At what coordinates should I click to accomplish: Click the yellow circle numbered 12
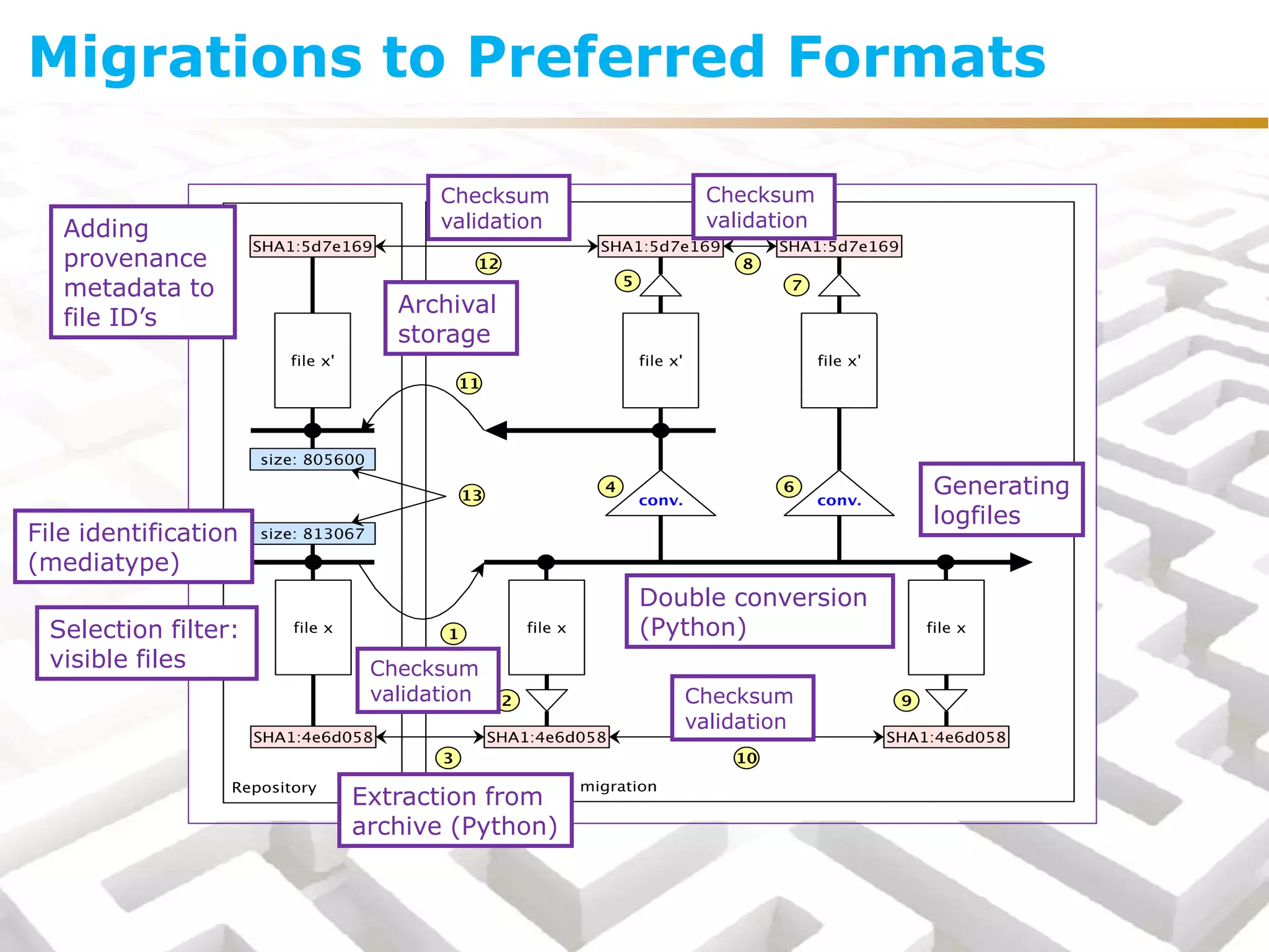click(x=488, y=264)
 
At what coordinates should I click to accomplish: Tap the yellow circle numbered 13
click(x=472, y=495)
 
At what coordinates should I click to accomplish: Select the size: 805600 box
click(x=312, y=459)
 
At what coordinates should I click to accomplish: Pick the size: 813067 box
click(x=312, y=534)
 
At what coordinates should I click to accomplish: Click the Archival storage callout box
click(x=450, y=318)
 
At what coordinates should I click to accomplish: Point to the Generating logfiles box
click(x=1001, y=500)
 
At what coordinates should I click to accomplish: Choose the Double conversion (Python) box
click(x=759, y=612)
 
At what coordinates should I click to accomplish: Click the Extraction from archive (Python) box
click(x=455, y=810)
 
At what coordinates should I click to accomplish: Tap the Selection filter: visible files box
click(x=146, y=643)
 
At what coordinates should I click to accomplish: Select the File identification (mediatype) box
click(x=133, y=547)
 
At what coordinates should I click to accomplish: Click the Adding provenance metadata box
click(x=143, y=272)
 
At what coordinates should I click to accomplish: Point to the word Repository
click(x=274, y=787)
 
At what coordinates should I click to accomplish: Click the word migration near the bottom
click(x=618, y=787)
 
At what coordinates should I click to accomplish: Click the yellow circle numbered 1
click(x=454, y=633)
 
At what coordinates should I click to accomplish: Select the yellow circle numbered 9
click(x=906, y=700)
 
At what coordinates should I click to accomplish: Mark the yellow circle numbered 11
click(x=469, y=383)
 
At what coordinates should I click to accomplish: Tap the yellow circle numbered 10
click(x=746, y=757)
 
